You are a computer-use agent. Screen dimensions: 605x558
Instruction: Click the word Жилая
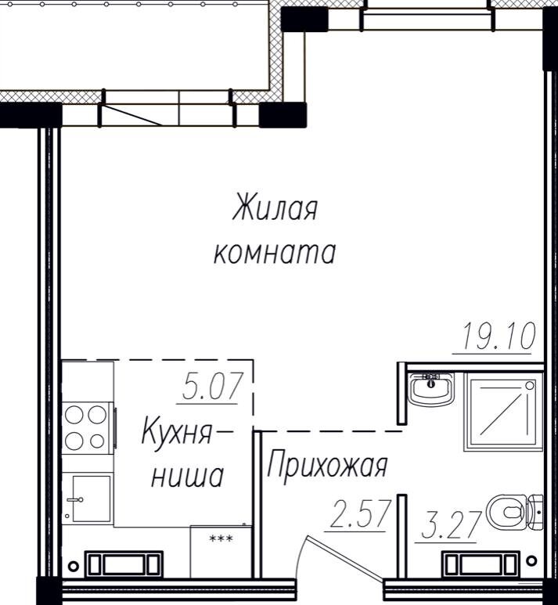[275, 211]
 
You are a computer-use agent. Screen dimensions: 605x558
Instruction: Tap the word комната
[275, 254]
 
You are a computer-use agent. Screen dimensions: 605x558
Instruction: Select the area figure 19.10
[498, 337]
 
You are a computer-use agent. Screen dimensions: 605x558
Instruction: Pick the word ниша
[187, 476]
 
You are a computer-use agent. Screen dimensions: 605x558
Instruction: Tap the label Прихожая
[327, 466]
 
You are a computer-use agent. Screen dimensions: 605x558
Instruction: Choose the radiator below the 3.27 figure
[481, 564]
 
